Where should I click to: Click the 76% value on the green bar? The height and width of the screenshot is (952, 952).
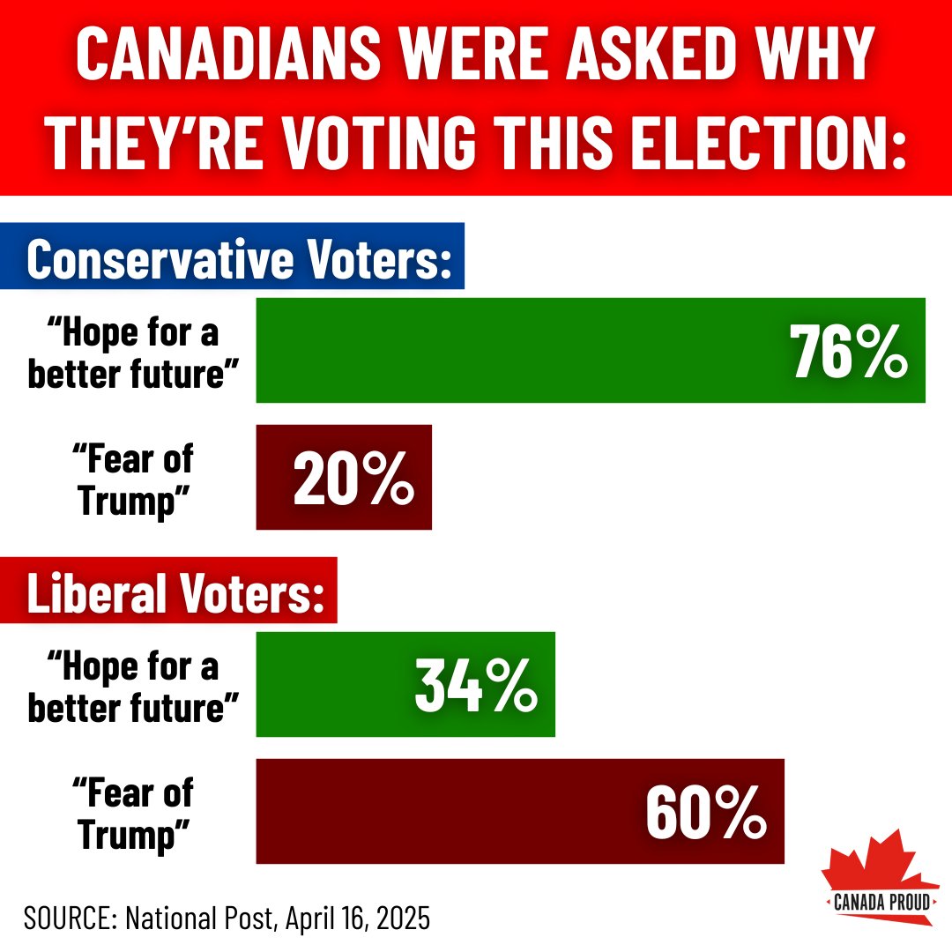(849, 351)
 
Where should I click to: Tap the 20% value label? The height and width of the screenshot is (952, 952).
(353, 479)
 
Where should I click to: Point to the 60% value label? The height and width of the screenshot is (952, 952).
(705, 812)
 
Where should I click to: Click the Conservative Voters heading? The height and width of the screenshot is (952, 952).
(239, 257)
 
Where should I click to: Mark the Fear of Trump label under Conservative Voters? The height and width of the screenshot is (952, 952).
(135, 479)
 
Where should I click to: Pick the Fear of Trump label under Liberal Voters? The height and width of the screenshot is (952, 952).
(135, 812)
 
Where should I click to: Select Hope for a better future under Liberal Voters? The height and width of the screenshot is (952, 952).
(135, 685)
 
